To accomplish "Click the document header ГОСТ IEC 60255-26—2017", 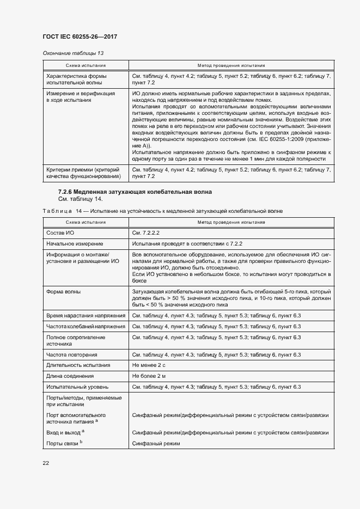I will coord(80,36).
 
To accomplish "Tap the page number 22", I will coord(46,463).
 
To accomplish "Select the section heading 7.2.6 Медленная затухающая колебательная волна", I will coord(135,192).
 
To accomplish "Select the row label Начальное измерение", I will coord(75,243).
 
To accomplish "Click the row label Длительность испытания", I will coord(78,365).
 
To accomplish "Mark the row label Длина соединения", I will coord(70,376).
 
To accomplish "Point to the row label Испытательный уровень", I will coord(77,387).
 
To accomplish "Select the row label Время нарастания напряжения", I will coord(86,316).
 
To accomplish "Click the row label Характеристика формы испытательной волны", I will coord(76,79).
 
